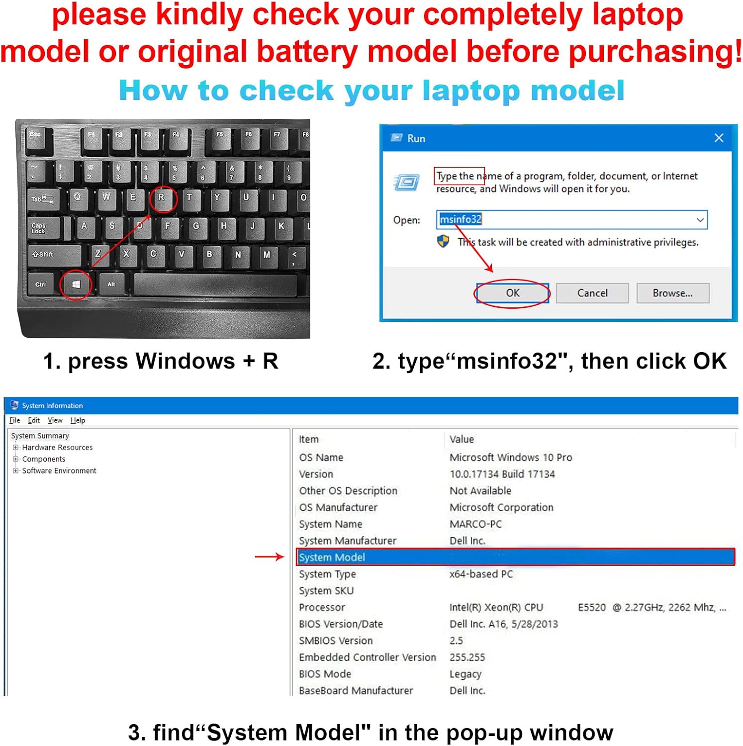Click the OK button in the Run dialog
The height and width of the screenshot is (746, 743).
point(513,293)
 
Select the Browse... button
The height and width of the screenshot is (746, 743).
point(672,293)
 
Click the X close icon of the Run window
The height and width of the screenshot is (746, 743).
point(719,138)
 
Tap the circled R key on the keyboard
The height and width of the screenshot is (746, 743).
point(162,198)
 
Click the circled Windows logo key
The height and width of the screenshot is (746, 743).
point(76,284)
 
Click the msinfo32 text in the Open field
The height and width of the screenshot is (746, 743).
point(461,219)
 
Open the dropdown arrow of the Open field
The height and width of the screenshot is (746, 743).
point(700,220)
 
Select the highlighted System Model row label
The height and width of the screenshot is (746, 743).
point(332,557)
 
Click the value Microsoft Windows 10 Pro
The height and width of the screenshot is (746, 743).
point(511,457)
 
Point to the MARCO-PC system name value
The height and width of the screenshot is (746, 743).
point(475,524)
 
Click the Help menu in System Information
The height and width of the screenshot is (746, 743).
point(78,420)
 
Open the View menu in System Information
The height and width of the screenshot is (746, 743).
point(55,420)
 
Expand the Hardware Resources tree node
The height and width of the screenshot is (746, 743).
point(15,447)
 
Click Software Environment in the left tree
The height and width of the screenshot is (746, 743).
point(59,470)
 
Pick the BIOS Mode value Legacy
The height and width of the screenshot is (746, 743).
point(465,674)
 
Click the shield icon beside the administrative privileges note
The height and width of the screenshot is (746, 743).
point(443,242)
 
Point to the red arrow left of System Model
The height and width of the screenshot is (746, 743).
point(269,557)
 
